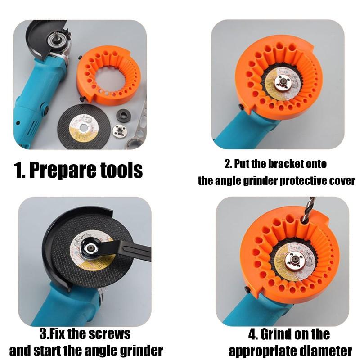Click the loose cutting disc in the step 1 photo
tap(84, 126)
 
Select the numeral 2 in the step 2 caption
tap(227, 164)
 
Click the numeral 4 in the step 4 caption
tap(252, 334)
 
